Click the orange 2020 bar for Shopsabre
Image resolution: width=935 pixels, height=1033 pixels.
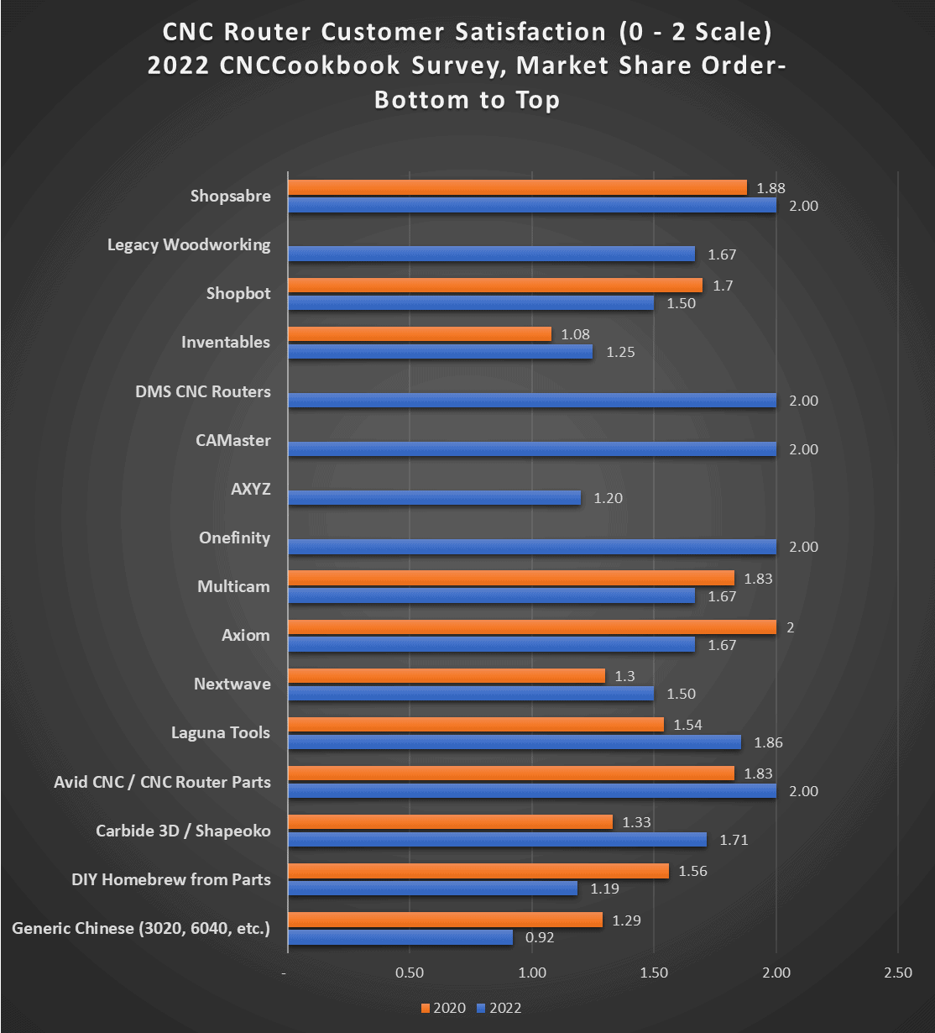tap(517, 187)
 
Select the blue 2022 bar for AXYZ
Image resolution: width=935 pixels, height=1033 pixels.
tap(434, 498)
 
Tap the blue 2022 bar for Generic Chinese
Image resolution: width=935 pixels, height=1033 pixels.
tap(400, 937)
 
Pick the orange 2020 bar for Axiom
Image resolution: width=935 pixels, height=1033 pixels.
tap(532, 627)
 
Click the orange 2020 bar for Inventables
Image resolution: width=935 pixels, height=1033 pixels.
tap(420, 334)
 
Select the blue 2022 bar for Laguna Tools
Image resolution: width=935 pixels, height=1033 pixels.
tap(515, 742)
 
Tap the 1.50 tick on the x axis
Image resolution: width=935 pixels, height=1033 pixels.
tap(654, 973)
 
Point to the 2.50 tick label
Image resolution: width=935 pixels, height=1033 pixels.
tap(898, 973)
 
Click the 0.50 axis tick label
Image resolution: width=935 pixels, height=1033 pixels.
tap(410, 973)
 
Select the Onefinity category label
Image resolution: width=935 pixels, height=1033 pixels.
tap(234, 537)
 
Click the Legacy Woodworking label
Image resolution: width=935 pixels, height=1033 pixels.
tap(189, 244)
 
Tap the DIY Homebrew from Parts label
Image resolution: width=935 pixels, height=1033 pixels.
tap(171, 879)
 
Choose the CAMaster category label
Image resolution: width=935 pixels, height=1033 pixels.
tap(233, 440)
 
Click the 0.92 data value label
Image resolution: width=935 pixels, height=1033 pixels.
tap(541, 937)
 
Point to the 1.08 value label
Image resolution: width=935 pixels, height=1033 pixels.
tap(575, 334)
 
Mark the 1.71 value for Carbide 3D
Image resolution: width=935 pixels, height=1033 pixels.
tap(734, 840)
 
